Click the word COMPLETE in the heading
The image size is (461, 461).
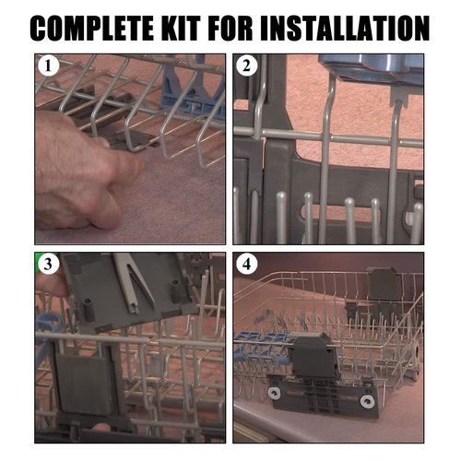(x=92, y=28)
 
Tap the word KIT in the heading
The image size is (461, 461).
(x=181, y=28)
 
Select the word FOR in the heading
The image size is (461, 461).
(x=230, y=28)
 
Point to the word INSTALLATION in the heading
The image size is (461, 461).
(x=345, y=28)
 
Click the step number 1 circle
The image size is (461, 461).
(x=48, y=65)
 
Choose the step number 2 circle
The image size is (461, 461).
(x=246, y=65)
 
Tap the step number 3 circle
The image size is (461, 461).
(x=48, y=264)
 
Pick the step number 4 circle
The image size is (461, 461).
(x=246, y=264)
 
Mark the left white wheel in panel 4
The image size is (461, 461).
(x=273, y=393)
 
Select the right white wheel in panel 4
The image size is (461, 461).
(x=367, y=401)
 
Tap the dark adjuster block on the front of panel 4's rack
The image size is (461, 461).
(x=313, y=357)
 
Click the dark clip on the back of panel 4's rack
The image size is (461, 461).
(x=384, y=284)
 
